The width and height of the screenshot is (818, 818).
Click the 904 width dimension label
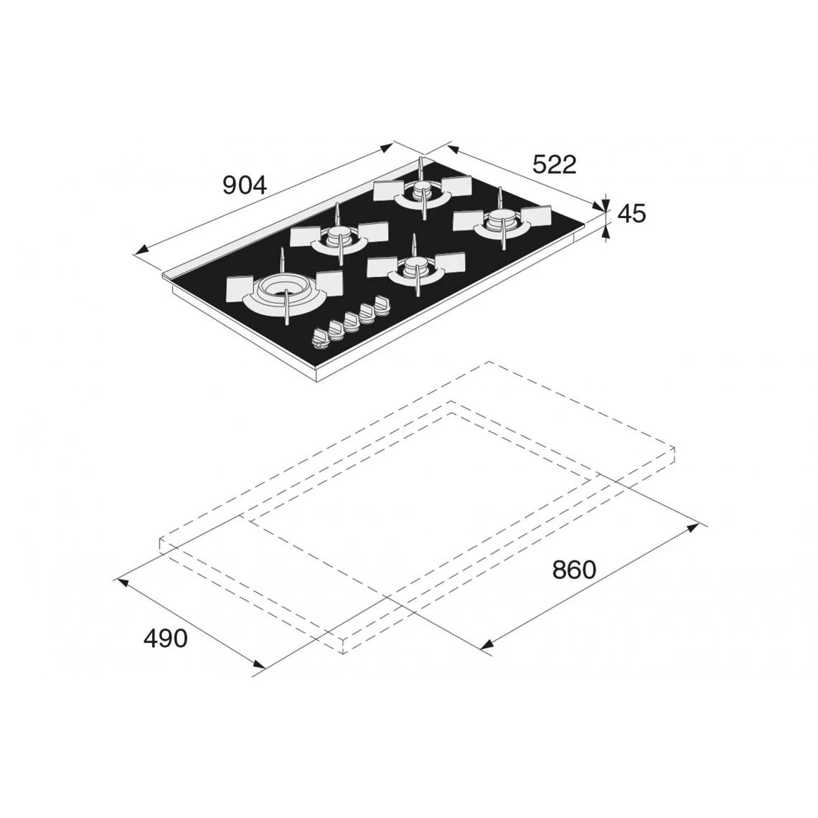pos(245,184)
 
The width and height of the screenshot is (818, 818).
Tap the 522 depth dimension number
pos(554,164)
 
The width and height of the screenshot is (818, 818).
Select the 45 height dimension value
pos(631,213)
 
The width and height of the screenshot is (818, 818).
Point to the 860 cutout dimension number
pos(574,570)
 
